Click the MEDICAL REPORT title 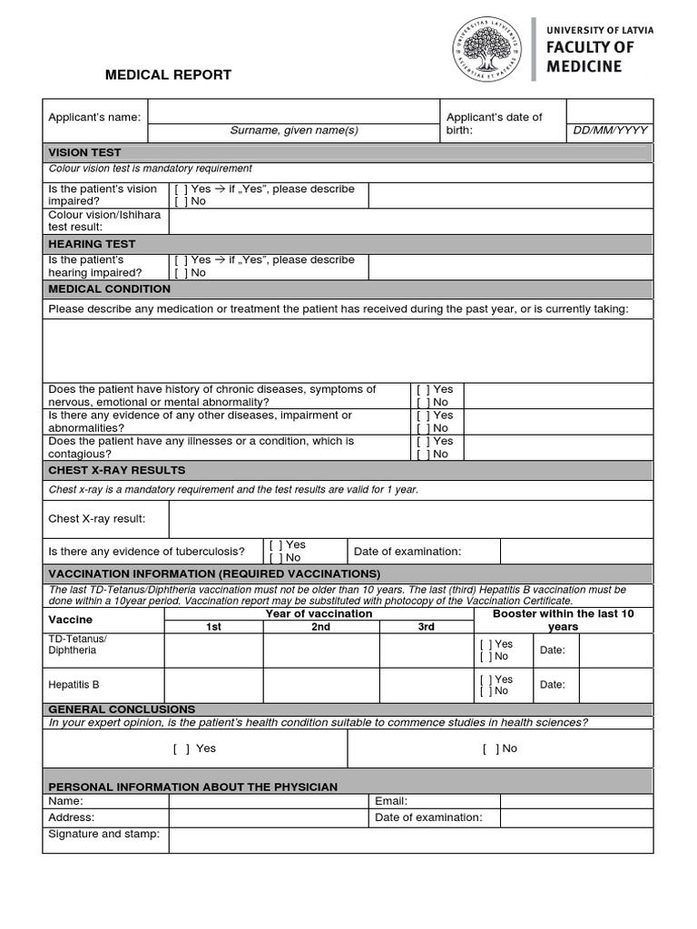click(168, 75)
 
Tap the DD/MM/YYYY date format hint click(610, 131)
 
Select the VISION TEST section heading click(84, 152)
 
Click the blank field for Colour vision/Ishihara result click(410, 220)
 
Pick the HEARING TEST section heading click(92, 244)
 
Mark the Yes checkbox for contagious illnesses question click(423, 441)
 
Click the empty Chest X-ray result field click(410, 519)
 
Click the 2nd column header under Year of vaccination click(321, 627)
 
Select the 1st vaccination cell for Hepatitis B click(213, 685)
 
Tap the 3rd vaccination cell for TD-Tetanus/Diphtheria click(427, 650)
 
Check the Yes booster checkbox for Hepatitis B click(486, 679)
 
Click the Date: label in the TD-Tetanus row click(552, 650)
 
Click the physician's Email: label click(391, 801)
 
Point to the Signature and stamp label click(103, 834)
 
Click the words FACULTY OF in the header click(590, 47)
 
